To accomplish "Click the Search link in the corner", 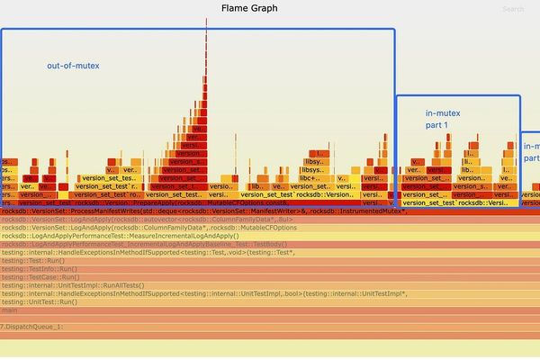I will (x=513, y=10).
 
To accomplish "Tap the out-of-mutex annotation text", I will (x=73, y=66).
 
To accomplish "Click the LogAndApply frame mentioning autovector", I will (x=108, y=219).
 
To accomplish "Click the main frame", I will (x=11, y=310).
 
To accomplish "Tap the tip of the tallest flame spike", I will (x=206, y=22).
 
